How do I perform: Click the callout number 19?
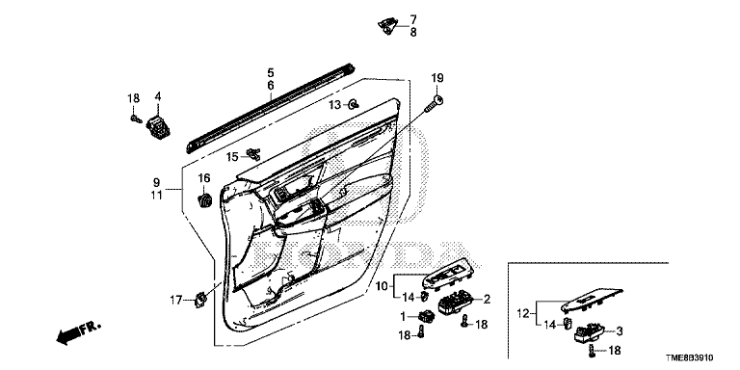point(437,78)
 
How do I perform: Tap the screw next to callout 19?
point(435,103)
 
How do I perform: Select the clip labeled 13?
point(353,104)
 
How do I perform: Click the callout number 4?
point(158,96)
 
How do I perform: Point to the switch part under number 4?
point(159,127)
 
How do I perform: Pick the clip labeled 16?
point(204,198)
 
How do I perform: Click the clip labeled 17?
point(201,300)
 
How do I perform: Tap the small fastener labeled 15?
point(253,153)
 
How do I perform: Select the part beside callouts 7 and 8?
point(388,25)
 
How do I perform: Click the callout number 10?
point(382,285)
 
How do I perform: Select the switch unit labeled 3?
point(589,332)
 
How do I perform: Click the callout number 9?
point(156,182)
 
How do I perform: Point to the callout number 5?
point(271,72)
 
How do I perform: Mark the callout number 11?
point(157,195)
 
